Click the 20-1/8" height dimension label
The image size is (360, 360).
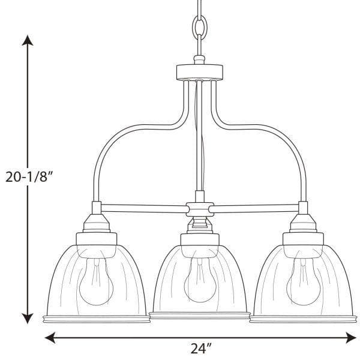pos(29,177)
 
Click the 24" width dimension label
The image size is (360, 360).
pos(201,348)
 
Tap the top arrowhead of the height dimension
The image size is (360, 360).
pos(28,40)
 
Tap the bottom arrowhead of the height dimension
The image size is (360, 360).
pos(28,318)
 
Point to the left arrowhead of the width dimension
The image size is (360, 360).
pos(50,337)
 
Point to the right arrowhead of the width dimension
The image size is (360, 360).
pos(351,337)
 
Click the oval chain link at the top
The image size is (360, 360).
pos(200,28)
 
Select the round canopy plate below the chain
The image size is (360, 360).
pos(200,72)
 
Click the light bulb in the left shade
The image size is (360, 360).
pos(96,281)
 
